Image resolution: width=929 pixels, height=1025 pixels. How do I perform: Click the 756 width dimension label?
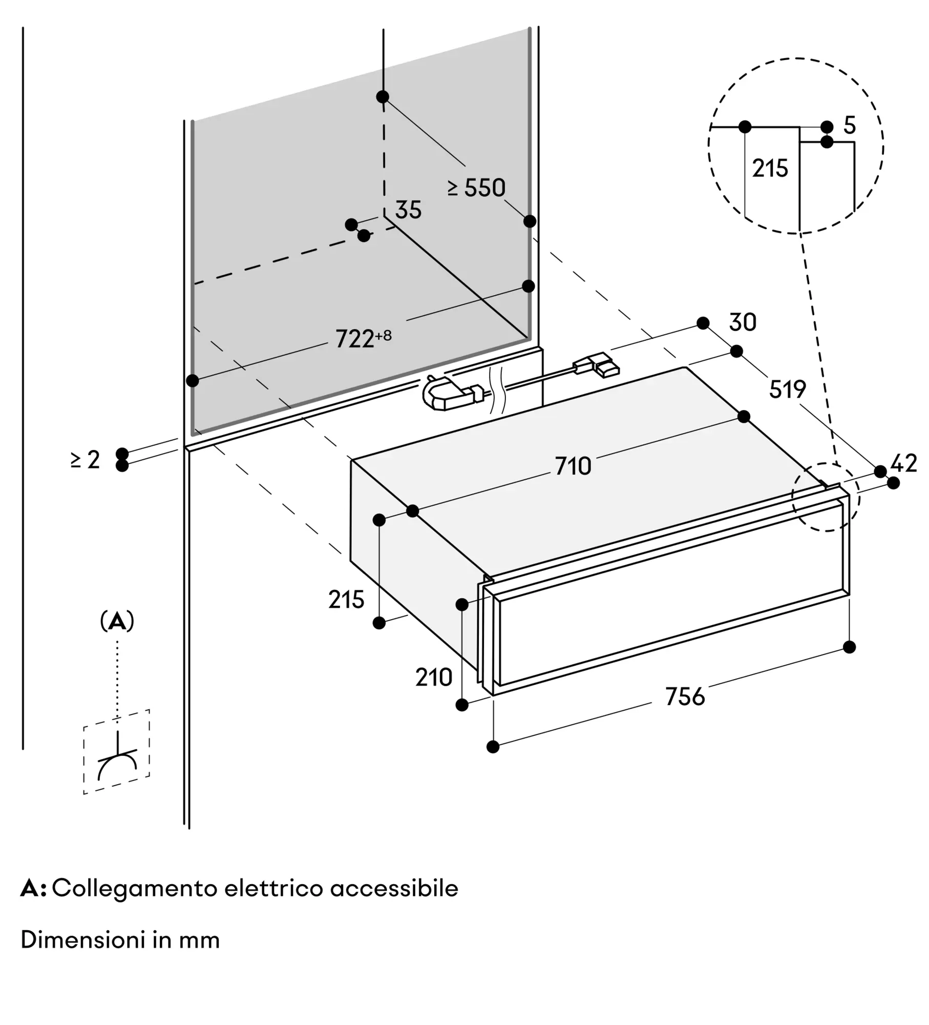685,697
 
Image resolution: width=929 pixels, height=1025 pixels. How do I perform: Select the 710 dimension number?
573,466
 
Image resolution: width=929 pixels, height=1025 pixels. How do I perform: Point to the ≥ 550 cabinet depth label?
476,188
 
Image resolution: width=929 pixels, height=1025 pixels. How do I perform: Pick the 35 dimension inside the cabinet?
408,210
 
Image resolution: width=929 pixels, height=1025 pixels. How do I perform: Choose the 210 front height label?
434,678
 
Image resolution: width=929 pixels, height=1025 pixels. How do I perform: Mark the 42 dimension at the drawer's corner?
904,464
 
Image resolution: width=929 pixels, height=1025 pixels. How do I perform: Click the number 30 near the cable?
743,322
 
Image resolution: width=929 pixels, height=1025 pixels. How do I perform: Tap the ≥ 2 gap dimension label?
86,460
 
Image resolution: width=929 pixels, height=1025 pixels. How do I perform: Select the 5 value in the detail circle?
850,126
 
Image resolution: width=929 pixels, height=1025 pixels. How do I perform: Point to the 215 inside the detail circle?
770,168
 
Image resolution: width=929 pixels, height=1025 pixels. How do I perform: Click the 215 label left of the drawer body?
346,600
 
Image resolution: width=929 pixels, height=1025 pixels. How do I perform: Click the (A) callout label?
117,621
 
